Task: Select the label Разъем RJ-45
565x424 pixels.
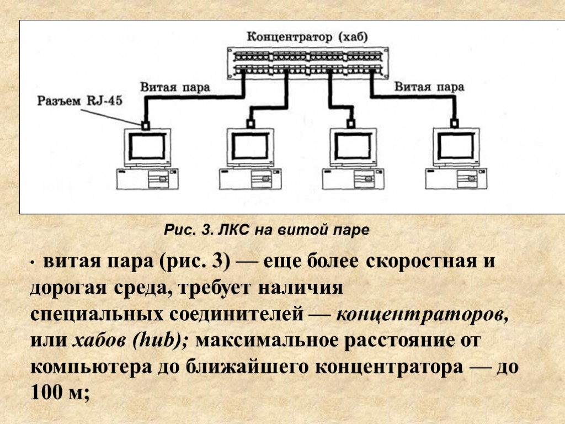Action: (x=81, y=101)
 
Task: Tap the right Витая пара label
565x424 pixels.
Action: (x=429, y=87)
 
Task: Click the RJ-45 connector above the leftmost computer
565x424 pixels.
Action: (x=146, y=125)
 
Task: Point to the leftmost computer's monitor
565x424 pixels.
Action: (x=147, y=147)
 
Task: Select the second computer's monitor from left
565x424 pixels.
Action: (x=250, y=147)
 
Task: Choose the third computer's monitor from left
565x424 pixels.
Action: (x=354, y=147)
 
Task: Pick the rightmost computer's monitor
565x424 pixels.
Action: (x=456, y=147)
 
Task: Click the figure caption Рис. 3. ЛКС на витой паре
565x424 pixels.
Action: (x=266, y=230)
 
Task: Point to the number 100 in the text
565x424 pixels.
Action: (x=49, y=393)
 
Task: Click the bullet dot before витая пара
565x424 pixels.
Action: (x=33, y=263)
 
